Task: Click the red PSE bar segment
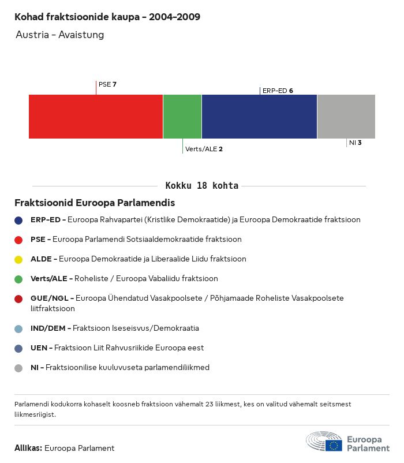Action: click(96, 116)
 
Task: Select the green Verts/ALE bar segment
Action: click(182, 116)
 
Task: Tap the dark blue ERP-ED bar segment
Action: click(259, 116)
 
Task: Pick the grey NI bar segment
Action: click(346, 116)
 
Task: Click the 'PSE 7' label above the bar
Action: click(107, 84)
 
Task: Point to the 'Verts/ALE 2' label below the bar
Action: click(204, 149)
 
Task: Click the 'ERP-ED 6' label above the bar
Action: click(278, 91)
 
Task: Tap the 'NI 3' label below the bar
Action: click(355, 143)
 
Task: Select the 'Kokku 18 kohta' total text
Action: click(202, 186)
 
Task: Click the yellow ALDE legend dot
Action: click(18, 259)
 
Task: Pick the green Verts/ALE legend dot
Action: click(18, 279)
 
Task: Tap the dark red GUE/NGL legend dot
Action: click(18, 298)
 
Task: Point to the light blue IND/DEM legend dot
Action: click(18, 328)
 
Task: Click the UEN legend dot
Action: click(18, 348)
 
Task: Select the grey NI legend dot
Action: click(18, 368)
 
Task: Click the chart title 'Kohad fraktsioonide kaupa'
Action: click(107, 17)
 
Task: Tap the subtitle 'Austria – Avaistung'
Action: click(60, 35)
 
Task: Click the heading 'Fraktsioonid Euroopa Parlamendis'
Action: click(95, 203)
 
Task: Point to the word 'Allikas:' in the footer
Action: click(28, 448)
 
